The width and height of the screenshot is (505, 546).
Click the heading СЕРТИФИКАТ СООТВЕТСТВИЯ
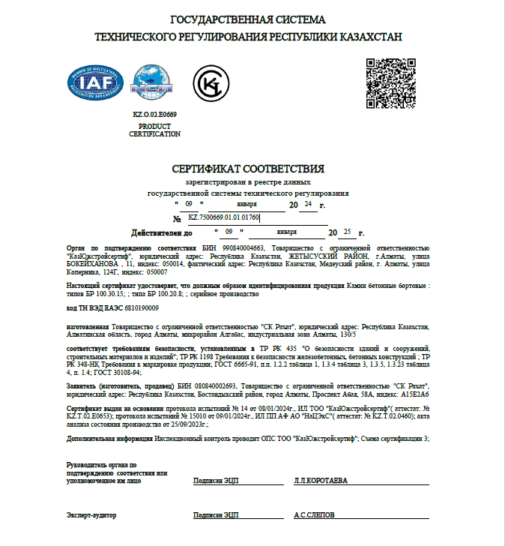click(x=248, y=169)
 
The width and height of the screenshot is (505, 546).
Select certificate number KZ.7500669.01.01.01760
click(x=224, y=217)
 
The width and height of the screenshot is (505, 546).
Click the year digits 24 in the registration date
click(x=309, y=203)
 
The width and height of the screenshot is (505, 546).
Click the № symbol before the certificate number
click(x=177, y=219)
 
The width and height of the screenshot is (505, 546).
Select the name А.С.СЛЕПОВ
click(x=314, y=515)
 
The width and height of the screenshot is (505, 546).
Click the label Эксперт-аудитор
click(x=91, y=515)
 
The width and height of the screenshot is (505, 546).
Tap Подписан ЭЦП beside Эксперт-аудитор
click(x=215, y=515)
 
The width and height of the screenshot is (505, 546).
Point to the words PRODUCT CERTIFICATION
click(x=155, y=130)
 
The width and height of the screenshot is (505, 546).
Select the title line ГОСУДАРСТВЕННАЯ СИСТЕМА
click(x=248, y=19)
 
